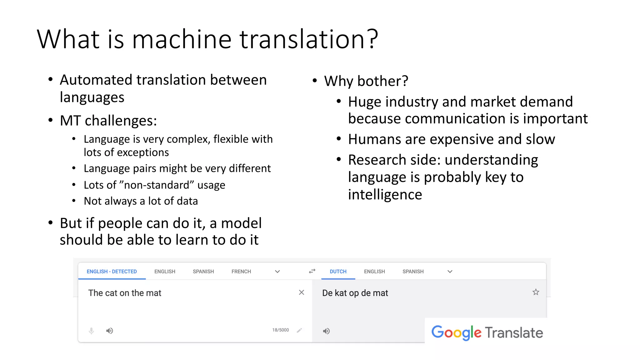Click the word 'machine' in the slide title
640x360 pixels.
tap(182, 39)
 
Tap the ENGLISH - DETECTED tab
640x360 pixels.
tap(112, 272)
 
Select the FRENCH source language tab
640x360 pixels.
tap(241, 272)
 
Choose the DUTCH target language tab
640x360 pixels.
tap(338, 272)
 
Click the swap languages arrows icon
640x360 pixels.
tap(312, 271)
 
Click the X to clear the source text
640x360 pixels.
tap(301, 292)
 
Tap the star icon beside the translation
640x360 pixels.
tap(536, 292)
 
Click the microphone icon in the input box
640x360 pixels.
tap(91, 331)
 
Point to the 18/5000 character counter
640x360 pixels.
tap(280, 330)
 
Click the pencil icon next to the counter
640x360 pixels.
tap(299, 330)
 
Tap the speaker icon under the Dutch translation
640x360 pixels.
tap(326, 331)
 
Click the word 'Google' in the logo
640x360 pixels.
tap(456, 333)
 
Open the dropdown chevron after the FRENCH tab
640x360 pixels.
tap(277, 272)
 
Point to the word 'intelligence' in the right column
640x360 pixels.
tap(385, 195)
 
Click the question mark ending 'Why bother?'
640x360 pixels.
tap(405, 81)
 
